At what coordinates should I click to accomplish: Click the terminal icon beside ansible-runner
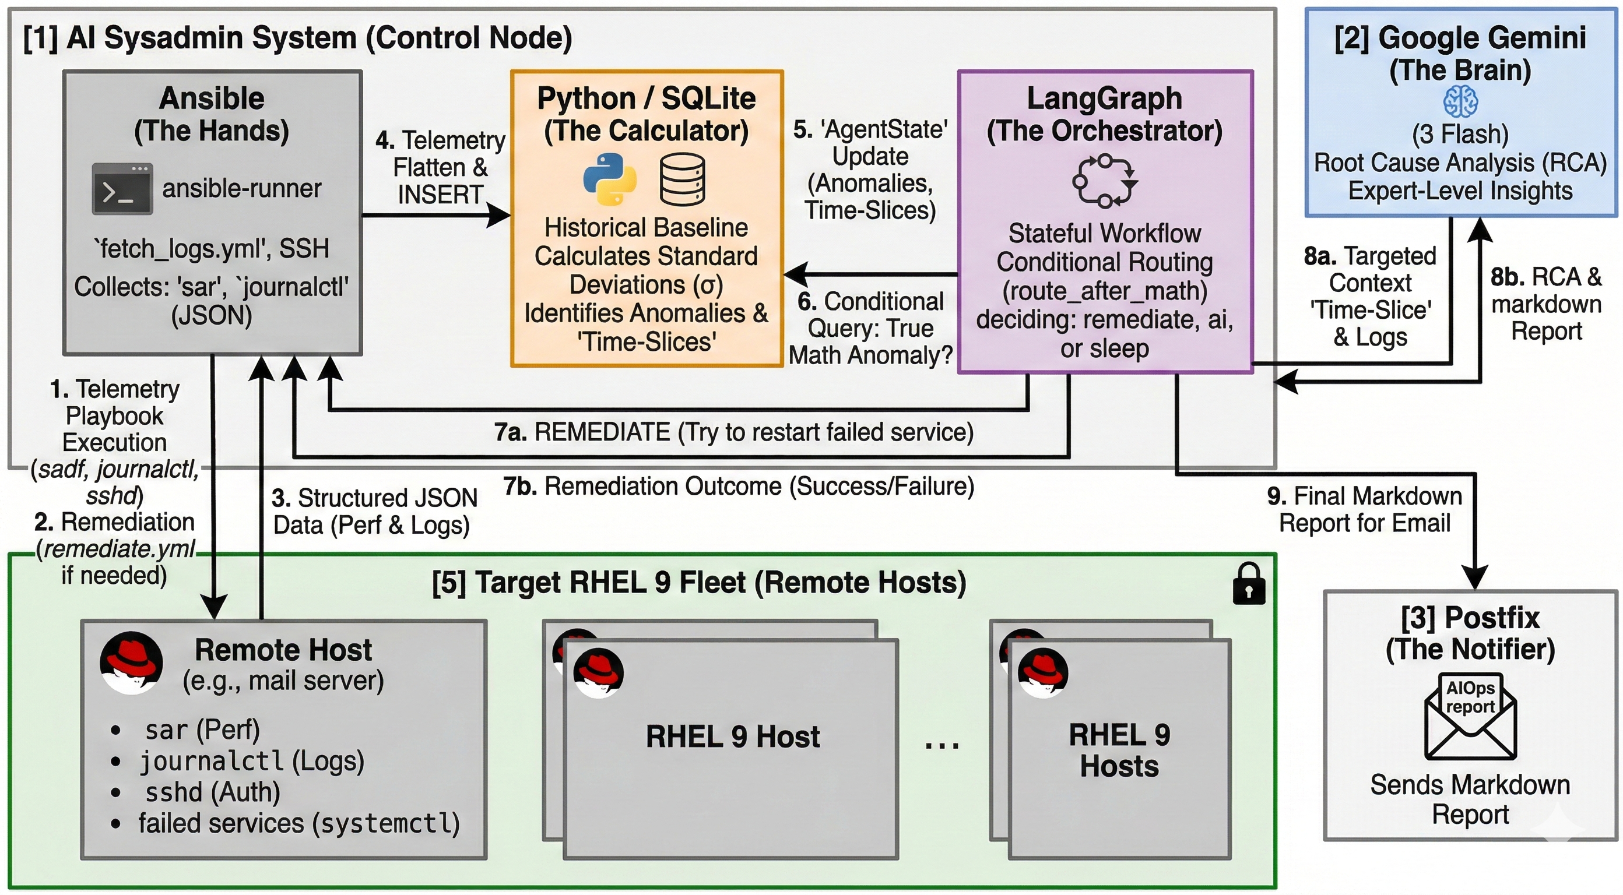pyautogui.click(x=122, y=188)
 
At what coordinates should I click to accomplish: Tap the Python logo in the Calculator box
pyautogui.click(x=609, y=179)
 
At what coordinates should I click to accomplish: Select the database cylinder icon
pyautogui.click(x=682, y=179)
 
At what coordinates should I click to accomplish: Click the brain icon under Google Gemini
pyautogui.click(x=1460, y=101)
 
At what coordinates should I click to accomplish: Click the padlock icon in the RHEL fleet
pyautogui.click(x=1248, y=583)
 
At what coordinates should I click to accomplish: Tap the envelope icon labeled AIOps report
pyautogui.click(x=1470, y=718)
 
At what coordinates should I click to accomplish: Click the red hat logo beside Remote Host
pyautogui.click(x=132, y=663)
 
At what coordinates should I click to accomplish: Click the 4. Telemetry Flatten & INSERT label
pyautogui.click(x=440, y=168)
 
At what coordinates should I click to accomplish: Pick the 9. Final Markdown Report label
pyautogui.click(x=1365, y=509)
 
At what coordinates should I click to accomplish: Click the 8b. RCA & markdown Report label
pyautogui.click(x=1546, y=304)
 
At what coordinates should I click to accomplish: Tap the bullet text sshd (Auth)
pyautogui.click(x=212, y=792)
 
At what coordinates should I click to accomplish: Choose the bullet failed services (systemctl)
pyautogui.click(x=298, y=823)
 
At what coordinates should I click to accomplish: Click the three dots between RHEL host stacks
pyautogui.click(x=942, y=745)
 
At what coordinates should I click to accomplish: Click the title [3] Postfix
pyautogui.click(x=1470, y=617)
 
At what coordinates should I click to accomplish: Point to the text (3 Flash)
pyautogui.click(x=1460, y=134)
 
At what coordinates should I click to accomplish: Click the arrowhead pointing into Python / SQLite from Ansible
pyautogui.click(x=501, y=216)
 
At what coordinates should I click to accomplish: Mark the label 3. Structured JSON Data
pyautogui.click(x=374, y=512)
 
